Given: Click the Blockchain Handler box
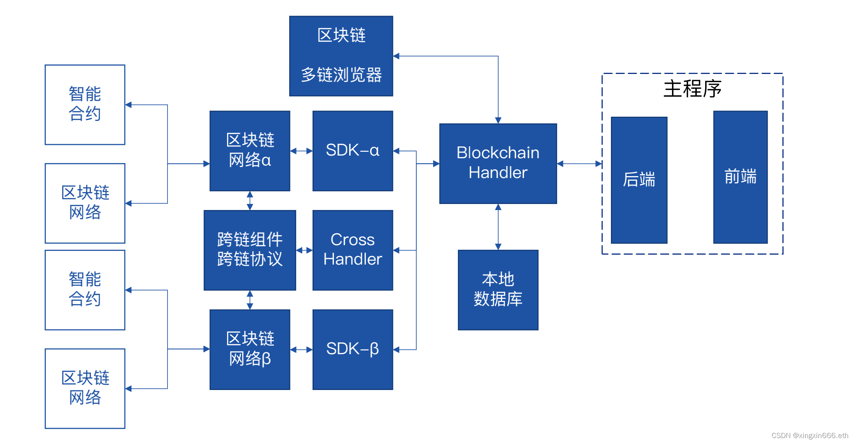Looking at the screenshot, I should point(498,163).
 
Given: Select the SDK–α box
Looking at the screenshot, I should point(352,151).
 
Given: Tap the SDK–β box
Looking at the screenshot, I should point(352,349).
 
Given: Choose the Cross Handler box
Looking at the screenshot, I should point(352,250).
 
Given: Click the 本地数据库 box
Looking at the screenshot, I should point(498,290).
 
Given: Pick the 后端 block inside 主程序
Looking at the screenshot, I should point(639,180).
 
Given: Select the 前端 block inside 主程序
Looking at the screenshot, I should point(740,177).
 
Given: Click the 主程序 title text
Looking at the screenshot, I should point(692,89).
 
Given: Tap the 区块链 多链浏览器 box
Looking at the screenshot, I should point(341,56).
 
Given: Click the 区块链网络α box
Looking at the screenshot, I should point(250,151).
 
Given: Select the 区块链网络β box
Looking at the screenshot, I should point(250,349).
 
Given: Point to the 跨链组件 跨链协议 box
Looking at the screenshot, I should point(250,250).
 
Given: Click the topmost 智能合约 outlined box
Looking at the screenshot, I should point(85,104).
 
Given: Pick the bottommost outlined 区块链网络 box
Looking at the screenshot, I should point(85,388).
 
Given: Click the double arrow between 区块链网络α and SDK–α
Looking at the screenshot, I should point(301,151).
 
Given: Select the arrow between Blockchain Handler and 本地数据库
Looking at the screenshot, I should point(498,227).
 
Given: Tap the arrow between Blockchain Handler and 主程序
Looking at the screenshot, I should point(579,164).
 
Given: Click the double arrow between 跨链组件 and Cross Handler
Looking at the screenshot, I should point(304,250).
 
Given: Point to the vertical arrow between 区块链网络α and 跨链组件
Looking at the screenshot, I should point(250,201).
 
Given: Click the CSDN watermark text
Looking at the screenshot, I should point(809,435).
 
